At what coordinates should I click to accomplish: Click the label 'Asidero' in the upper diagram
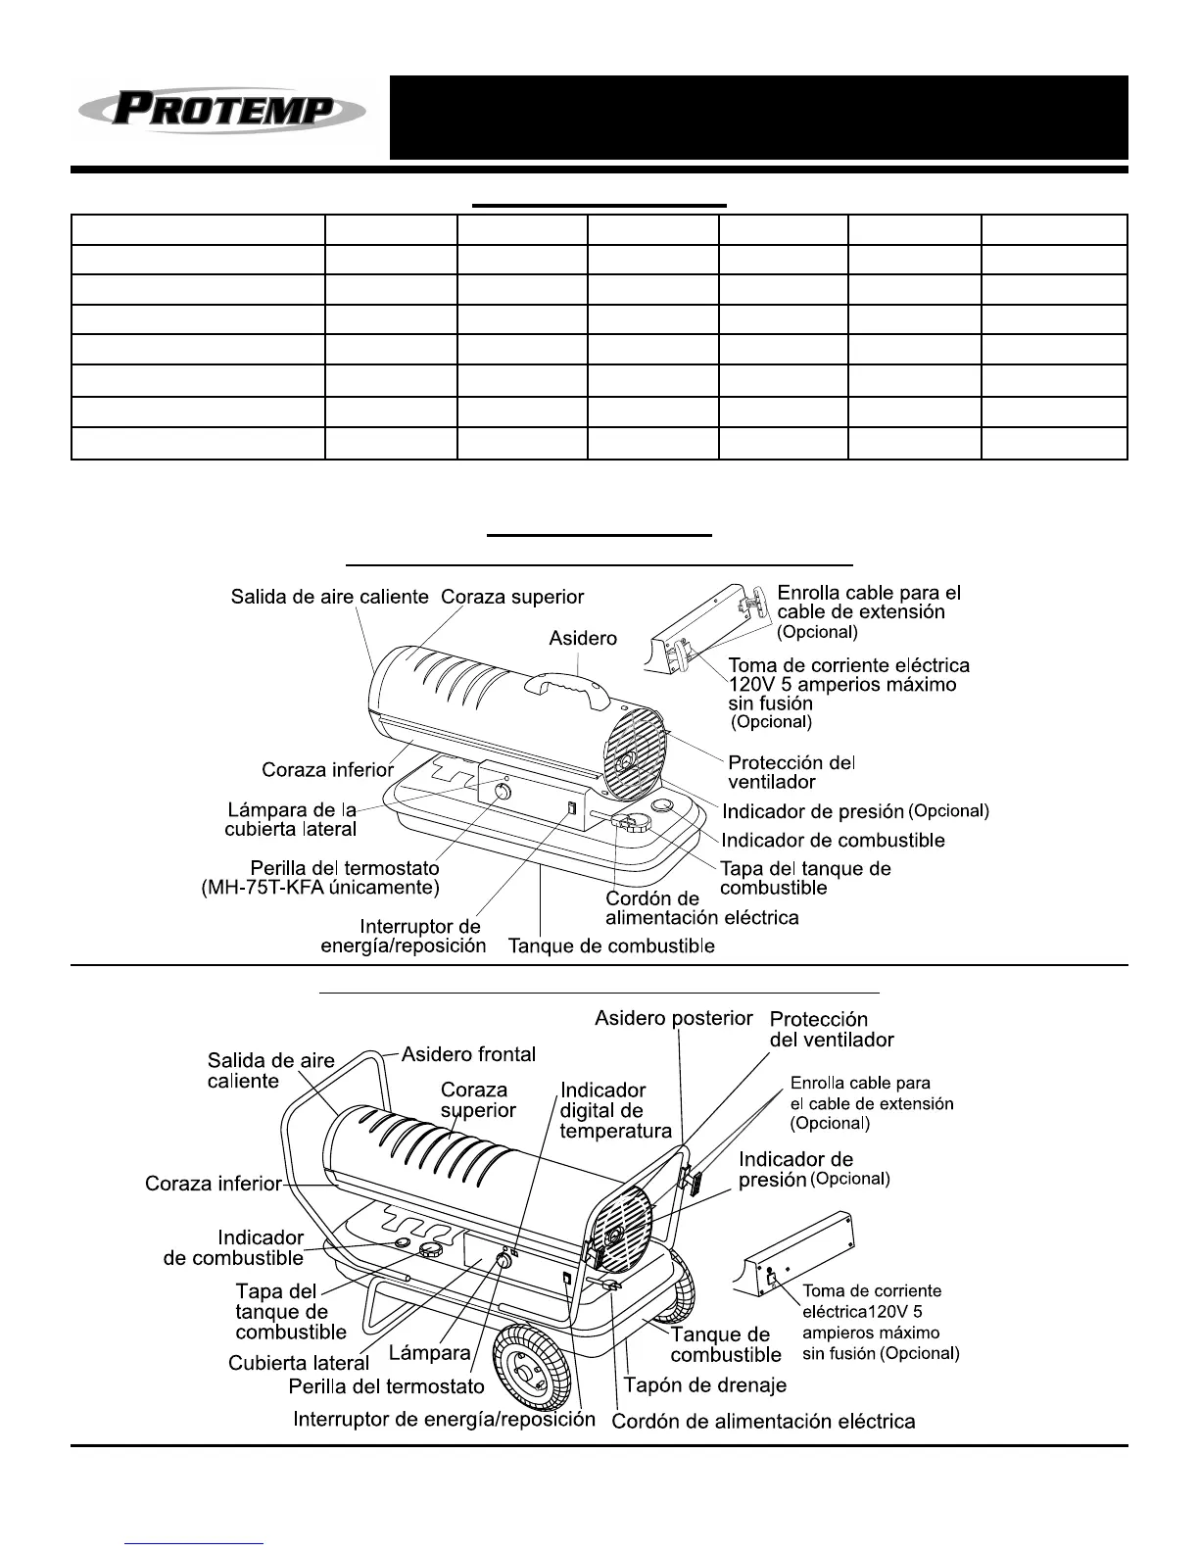(583, 638)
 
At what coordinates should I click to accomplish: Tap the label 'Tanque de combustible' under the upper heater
(611, 946)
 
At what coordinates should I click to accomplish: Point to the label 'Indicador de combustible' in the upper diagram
(833, 840)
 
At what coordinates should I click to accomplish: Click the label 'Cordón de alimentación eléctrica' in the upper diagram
(701, 908)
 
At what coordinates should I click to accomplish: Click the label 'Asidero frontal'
(469, 1054)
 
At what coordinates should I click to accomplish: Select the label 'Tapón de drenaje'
(705, 1384)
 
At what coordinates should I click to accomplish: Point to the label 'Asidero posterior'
(674, 1018)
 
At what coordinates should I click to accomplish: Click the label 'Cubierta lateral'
(299, 1362)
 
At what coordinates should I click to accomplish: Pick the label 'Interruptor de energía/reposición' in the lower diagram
(444, 1419)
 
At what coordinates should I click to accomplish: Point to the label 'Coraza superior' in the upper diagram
(512, 596)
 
